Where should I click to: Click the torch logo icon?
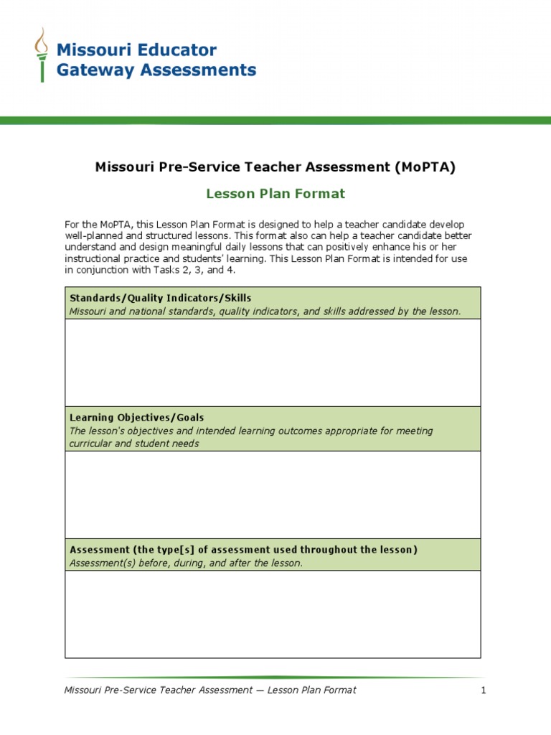42,55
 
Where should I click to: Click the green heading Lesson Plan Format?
275,194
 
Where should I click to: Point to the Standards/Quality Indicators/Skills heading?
160,298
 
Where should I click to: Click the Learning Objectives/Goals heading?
136,418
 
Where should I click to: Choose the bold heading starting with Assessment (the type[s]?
243,550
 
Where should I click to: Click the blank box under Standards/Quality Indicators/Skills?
273,362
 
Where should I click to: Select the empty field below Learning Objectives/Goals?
273,495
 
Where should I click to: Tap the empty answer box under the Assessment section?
273,614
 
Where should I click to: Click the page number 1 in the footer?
484,690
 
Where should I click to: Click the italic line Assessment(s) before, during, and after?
186,563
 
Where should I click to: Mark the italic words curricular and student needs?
134,444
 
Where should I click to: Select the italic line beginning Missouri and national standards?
265,312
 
